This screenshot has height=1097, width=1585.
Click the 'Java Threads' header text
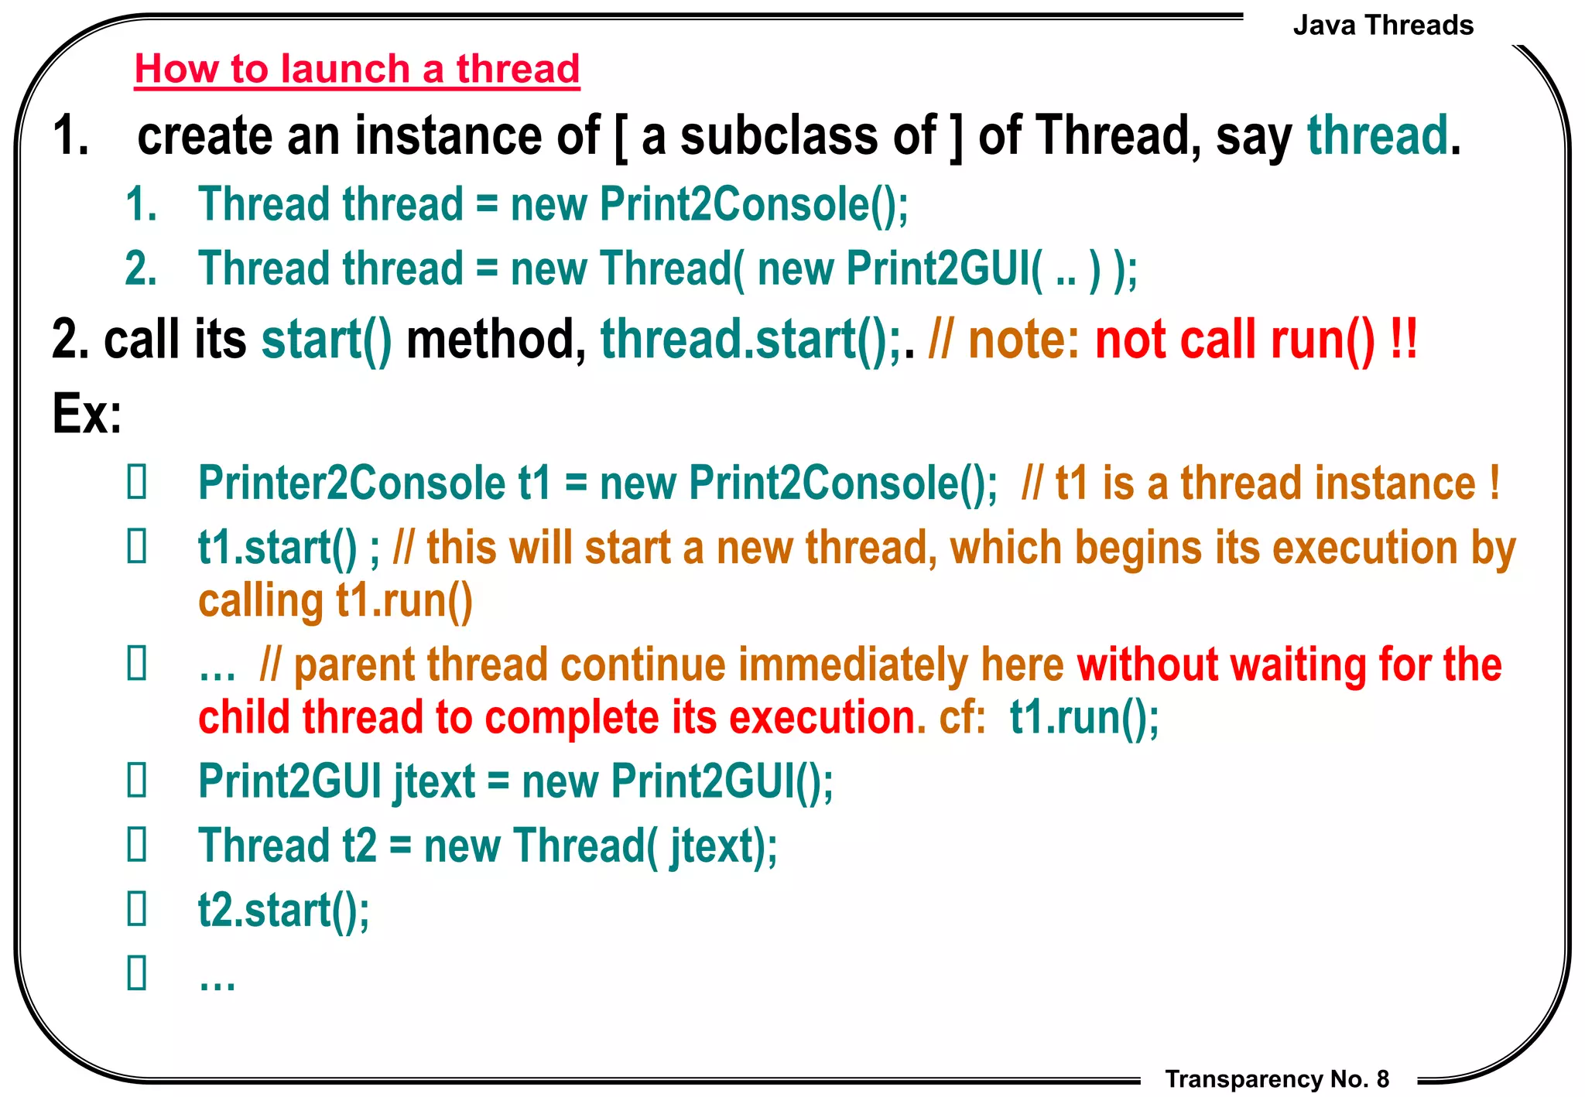[x=1382, y=26]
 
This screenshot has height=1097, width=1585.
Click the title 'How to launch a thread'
[x=357, y=69]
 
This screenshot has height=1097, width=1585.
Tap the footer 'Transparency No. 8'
[x=1276, y=1078]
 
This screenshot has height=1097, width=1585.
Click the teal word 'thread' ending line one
[x=1377, y=135]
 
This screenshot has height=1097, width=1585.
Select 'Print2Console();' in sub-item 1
[x=754, y=204]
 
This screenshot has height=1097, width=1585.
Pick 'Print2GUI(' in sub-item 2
[x=944, y=268]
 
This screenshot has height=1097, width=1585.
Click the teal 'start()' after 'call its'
[x=327, y=340]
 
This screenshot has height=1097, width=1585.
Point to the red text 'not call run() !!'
[x=1255, y=340]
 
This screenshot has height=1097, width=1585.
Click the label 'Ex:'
[x=87, y=413]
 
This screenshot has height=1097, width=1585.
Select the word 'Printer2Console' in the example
[x=351, y=484]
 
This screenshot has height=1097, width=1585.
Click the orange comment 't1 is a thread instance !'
[x=1277, y=484]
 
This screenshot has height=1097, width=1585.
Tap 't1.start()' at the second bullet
[x=277, y=548]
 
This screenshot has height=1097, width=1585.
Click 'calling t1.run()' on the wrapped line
[x=334, y=601]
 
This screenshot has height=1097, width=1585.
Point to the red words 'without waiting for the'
[x=1289, y=665]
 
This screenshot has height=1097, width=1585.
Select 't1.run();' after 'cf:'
[x=1083, y=717]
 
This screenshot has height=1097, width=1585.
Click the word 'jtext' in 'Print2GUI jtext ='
[x=434, y=781]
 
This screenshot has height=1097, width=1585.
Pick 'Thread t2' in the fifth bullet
[x=287, y=846]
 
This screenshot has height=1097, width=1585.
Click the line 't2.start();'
[x=283, y=910]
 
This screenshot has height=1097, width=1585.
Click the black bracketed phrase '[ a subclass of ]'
[x=789, y=135]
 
